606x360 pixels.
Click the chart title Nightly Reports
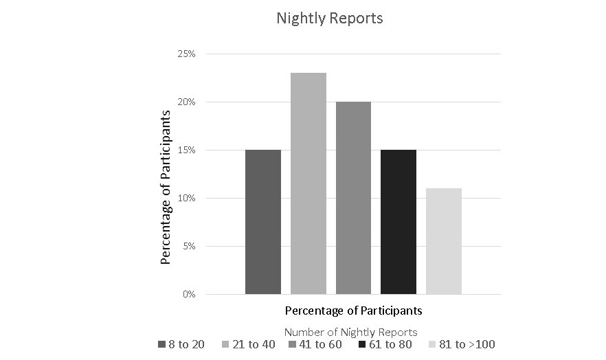click(x=330, y=19)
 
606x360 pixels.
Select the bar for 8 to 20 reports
click(x=263, y=222)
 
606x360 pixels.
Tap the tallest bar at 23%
click(x=308, y=183)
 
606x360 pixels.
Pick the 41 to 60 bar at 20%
click(x=353, y=198)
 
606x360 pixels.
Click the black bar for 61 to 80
click(x=399, y=222)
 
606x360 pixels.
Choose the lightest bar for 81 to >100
click(x=444, y=241)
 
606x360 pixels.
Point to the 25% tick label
click(x=188, y=54)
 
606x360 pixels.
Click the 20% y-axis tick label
click(x=188, y=102)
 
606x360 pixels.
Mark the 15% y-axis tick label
click(x=188, y=150)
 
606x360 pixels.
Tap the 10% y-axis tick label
click(x=188, y=198)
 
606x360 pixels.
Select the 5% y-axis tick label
click(x=189, y=246)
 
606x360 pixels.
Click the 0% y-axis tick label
click(x=189, y=294)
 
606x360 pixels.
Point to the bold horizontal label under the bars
click(x=353, y=311)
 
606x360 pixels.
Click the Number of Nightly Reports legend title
click(x=350, y=333)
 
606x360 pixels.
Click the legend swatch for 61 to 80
click(x=362, y=344)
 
